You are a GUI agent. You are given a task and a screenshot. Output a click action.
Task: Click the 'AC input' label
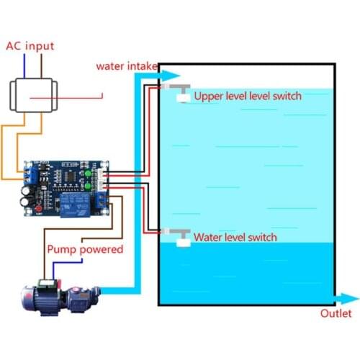coord(30,45)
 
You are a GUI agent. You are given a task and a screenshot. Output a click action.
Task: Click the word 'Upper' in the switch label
coord(209,96)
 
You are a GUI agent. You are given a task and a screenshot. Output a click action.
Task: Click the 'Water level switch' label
coord(235,237)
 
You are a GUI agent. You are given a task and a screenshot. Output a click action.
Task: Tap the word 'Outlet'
coord(336,315)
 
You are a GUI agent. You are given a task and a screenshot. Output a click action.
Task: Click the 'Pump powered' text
coord(85,250)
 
